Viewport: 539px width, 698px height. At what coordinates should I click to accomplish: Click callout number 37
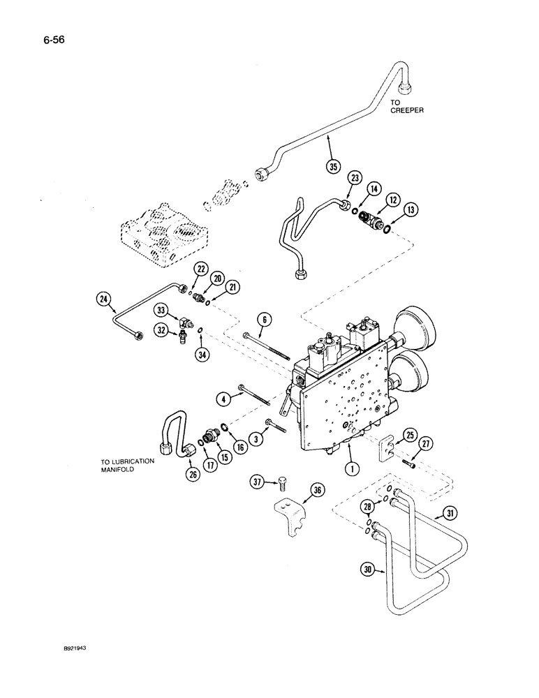(x=258, y=482)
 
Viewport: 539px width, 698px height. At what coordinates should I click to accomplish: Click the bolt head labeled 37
(x=279, y=482)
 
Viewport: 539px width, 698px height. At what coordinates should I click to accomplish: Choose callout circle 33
(x=161, y=310)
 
